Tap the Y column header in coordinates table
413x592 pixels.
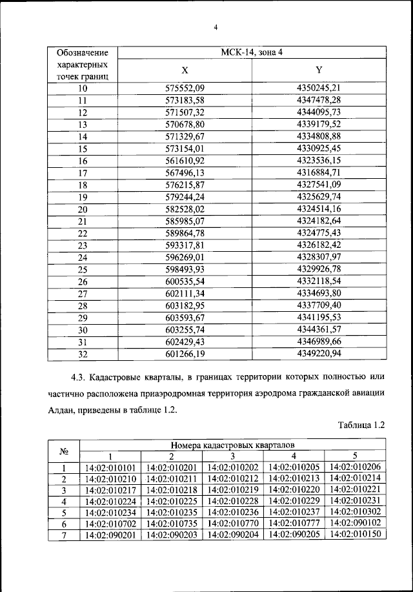tap(319, 70)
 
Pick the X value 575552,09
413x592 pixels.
tap(185, 88)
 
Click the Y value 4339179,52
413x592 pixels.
tap(319, 124)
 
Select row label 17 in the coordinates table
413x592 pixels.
tap(82, 173)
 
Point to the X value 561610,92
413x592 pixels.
tap(185, 161)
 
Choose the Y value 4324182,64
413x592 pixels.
tap(319, 221)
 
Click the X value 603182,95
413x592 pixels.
tap(185, 305)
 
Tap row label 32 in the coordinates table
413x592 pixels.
tap(82, 354)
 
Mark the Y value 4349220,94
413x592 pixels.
tap(319, 354)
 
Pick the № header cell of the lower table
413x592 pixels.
tap(64, 451)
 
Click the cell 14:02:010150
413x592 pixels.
tap(355, 535)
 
